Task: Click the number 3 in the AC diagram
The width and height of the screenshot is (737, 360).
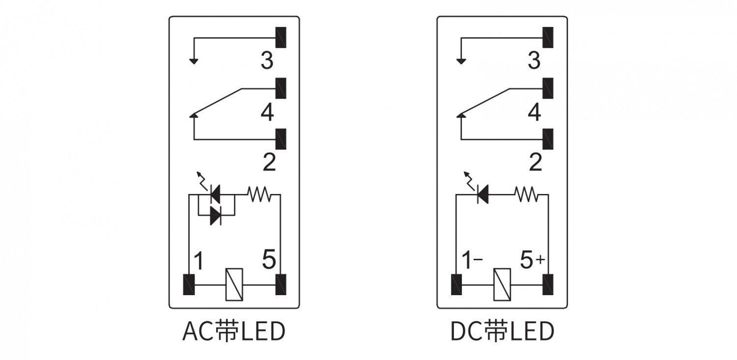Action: (x=267, y=61)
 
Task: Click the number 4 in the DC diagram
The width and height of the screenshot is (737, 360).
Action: (x=534, y=112)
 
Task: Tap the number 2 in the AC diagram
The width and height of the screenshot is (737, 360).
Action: (x=269, y=162)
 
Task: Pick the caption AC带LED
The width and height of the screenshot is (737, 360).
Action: (x=234, y=332)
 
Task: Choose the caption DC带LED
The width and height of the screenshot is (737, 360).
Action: (x=502, y=332)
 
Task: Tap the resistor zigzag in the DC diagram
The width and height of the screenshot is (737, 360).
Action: (x=526, y=194)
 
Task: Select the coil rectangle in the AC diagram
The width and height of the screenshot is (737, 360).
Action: (x=234, y=284)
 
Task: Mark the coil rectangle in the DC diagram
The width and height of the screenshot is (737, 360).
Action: (x=502, y=284)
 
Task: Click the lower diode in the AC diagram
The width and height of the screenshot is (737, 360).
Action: (x=216, y=215)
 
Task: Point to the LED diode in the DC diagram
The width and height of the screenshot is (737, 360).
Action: (x=482, y=194)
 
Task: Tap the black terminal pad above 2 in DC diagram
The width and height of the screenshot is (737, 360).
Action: (x=548, y=139)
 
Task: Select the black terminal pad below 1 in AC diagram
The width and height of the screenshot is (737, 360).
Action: (x=189, y=284)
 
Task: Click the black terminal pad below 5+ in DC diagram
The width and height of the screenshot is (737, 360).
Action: (x=548, y=284)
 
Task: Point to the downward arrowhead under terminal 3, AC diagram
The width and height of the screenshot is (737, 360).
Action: (x=194, y=61)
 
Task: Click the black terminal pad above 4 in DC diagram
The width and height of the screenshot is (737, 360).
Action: (x=548, y=88)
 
